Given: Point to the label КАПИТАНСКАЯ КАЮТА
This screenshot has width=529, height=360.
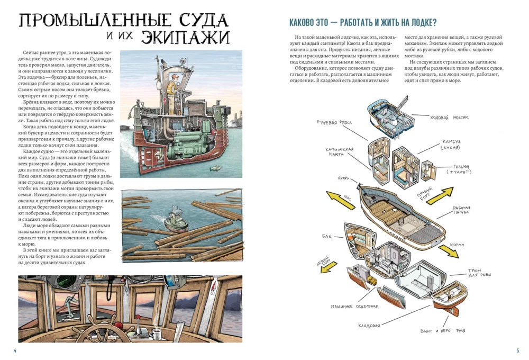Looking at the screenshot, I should pyautogui.click(x=339, y=152).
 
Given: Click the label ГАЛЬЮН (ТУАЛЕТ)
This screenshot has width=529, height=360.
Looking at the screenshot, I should pyautogui.click(x=460, y=169).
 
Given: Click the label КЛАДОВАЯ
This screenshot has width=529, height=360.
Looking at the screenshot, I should pyautogui.click(x=369, y=325).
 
